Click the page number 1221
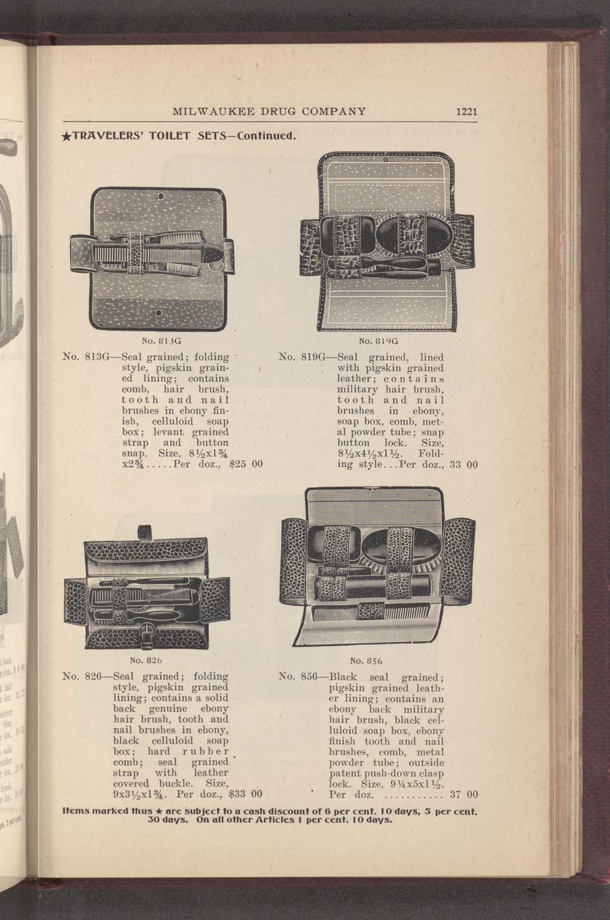point(467,111)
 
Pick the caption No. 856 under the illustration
point(366,661)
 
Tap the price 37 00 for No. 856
point(464,795)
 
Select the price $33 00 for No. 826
point(245,795)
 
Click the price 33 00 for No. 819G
point(464,464)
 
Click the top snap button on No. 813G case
point(160,196)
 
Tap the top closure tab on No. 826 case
point(145,533)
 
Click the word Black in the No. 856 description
point(345,677)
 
